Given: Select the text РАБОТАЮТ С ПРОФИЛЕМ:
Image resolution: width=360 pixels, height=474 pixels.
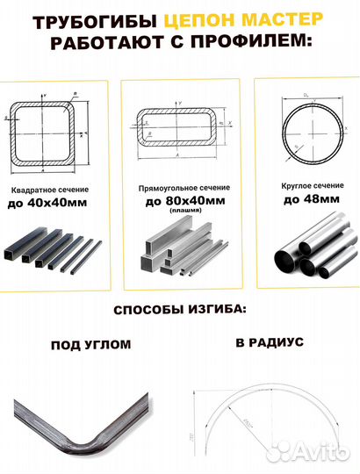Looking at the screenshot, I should [179, 44].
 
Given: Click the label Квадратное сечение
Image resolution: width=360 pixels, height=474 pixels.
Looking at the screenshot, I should [48, 190].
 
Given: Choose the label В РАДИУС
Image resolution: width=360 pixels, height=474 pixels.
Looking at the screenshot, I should [269, 341].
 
